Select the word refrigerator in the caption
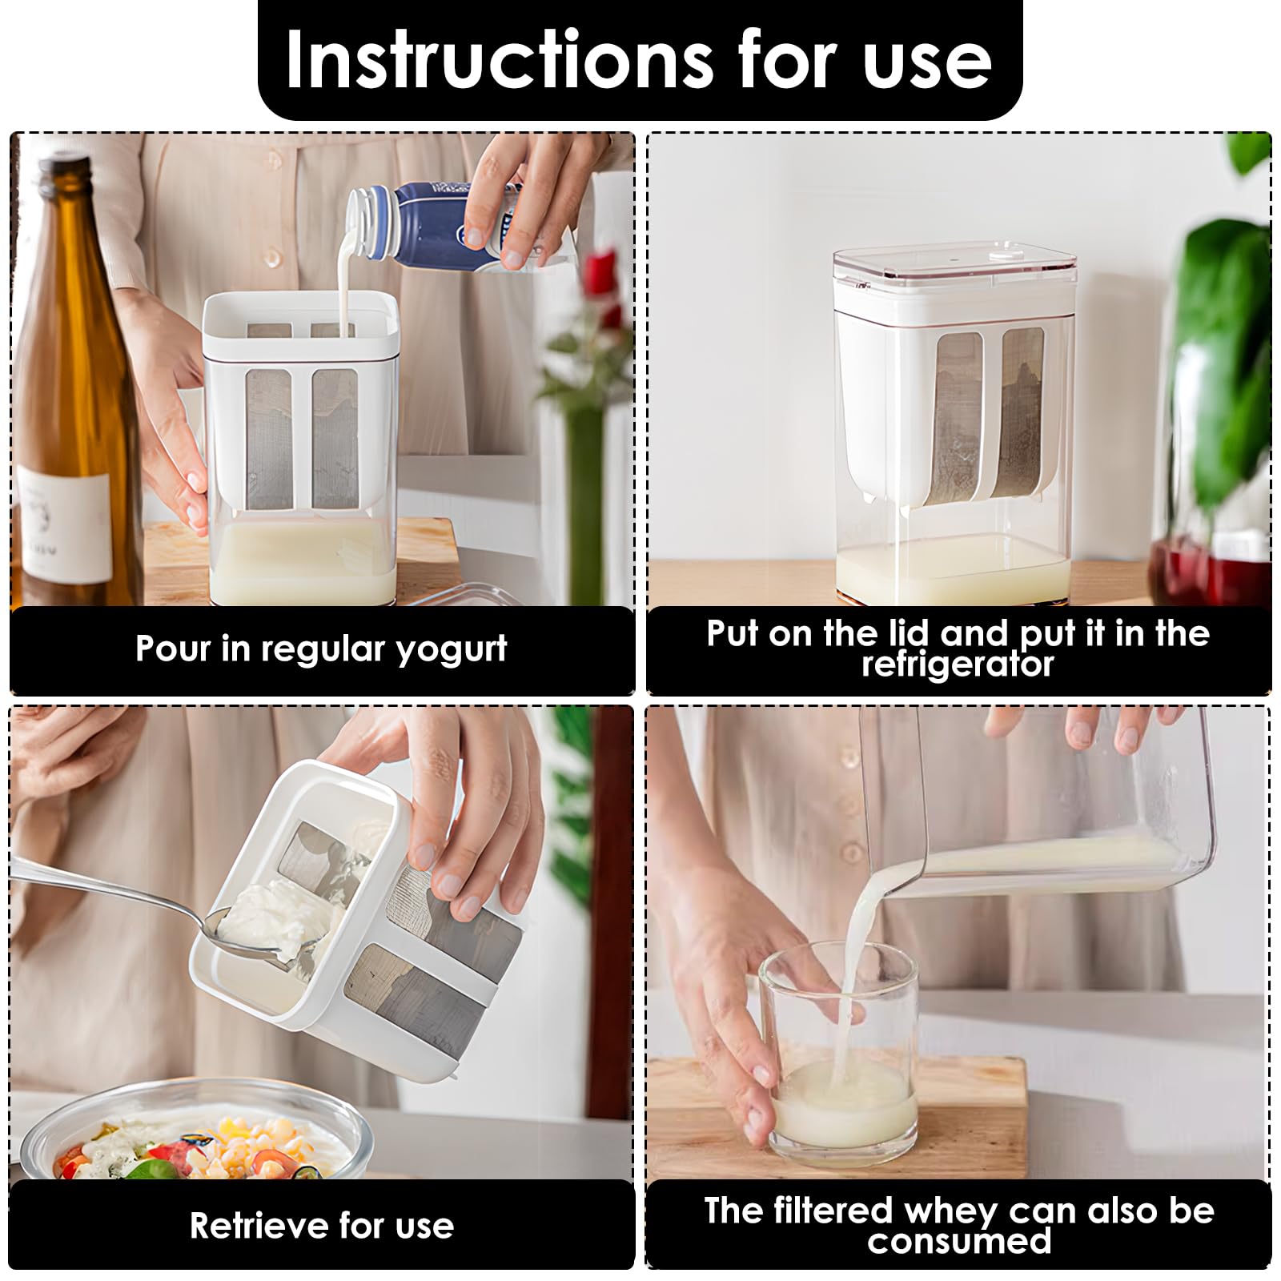[x=958, y=664]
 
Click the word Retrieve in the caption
[x=259, y=1226]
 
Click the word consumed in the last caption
[x=959, y=1241]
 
